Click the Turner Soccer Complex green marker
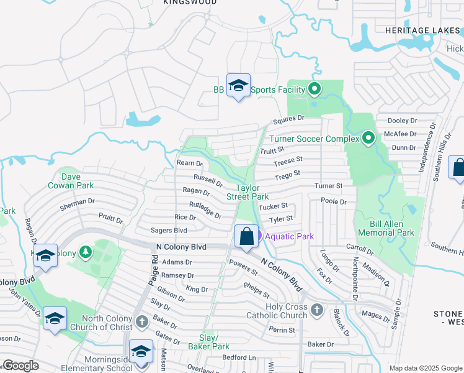pyautogui.click(x=368, y=137)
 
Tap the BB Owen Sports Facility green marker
pyautogui.click(x=315, y=90)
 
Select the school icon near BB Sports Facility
pyautogui.click(x=238, y=86)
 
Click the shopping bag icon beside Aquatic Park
pyautogui.click(x=246, y=237)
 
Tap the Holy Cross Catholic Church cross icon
pyautogui.click(x=317, y=309)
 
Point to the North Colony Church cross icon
pyautogui.click(x=142, y=321)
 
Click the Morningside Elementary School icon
pyautogui.click(x=141, y=352)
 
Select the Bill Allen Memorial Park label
pyautogui.click(x=386, y=228)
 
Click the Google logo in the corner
pyautogui.click(x=20, y=366)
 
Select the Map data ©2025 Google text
pyautogui.click(x=425, y=368)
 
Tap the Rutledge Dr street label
pyautogui.click(x=205, y=210)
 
